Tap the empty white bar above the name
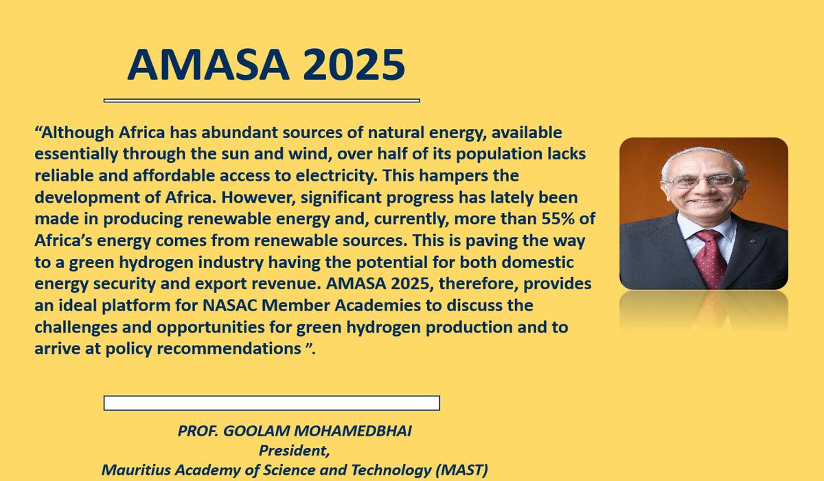point(271,403)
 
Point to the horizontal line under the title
point(261,100)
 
